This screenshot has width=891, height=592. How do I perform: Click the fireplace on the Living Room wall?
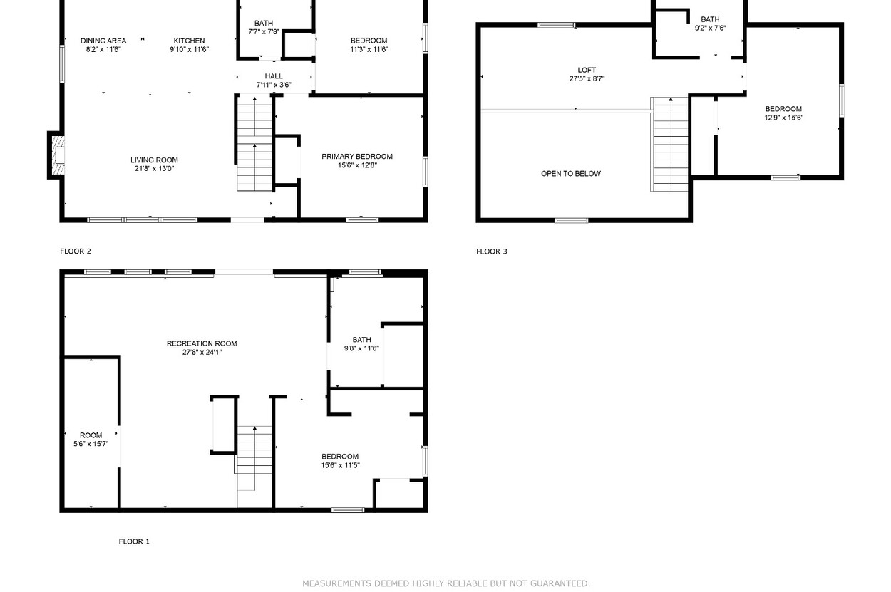point(58,155)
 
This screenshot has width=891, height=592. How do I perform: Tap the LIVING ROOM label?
point(155,160)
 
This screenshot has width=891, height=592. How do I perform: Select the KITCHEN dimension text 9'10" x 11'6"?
point(190,49)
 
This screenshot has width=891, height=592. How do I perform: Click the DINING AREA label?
point(103,41)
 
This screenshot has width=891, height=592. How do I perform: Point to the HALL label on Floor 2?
point(274,76)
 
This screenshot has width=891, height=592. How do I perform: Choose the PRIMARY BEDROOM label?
point(357,156)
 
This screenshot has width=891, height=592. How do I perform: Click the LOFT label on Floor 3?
point(587,70)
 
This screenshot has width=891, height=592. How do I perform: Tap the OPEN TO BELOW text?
point(571,173)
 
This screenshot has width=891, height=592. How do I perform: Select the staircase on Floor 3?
point(670,145)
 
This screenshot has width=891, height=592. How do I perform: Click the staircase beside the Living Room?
point(254,143)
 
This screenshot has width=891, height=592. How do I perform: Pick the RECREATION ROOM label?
point(202,343)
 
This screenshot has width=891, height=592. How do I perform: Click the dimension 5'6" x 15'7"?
point(91,444)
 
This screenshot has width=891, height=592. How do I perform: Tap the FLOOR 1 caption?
point(134,541)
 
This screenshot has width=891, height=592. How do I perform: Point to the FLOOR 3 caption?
point(492,251)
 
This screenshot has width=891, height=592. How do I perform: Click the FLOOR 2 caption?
point(76,251)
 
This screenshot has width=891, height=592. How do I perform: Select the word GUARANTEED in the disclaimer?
point(560,583)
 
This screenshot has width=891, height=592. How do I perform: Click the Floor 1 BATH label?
point(361,340)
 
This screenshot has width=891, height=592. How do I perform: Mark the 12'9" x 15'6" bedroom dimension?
point(783,118)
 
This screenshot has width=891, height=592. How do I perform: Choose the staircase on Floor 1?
point(254,467)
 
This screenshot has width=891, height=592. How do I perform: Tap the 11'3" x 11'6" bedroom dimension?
point(369,49)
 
